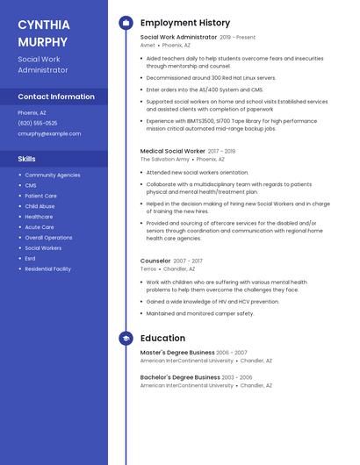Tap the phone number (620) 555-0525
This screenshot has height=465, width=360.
(38, 123)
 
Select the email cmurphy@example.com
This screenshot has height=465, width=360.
(49, 133)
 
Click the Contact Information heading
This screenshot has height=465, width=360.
(56, 97)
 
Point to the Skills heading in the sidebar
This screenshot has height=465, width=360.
(27, 159)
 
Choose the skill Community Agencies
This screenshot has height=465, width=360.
(52, 175)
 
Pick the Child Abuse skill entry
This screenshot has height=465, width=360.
(40, 206)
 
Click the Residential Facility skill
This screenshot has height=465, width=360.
(47, 268)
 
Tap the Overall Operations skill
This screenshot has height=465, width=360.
(48, 238)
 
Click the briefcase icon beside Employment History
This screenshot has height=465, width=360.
(126, 23)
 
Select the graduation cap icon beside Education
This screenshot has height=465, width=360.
(126, 338)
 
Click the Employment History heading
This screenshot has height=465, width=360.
(185, 23)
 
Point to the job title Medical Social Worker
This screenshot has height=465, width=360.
(172, 151)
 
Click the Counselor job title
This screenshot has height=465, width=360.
(155, 261)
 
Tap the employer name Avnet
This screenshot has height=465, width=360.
(147, 45)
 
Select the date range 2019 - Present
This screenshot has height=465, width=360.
(237, 38)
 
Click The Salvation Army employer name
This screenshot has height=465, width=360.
(164, 160)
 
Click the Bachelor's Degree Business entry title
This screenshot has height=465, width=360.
(180, 377)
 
